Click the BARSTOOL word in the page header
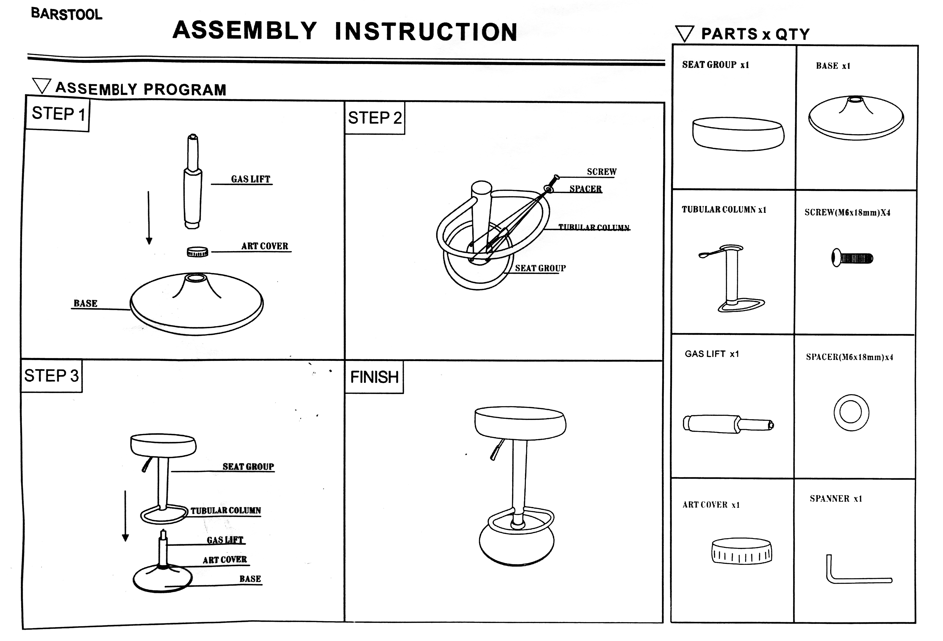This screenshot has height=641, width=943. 67,14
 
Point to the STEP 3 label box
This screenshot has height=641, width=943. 51,376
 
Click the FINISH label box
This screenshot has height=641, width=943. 374,377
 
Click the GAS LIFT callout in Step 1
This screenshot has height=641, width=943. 250,179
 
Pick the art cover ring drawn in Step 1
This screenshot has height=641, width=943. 197,252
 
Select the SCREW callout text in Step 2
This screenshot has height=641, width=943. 601,172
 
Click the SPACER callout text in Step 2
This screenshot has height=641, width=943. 586,189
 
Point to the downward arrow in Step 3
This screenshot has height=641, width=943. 125,515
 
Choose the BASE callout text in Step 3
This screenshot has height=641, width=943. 250,579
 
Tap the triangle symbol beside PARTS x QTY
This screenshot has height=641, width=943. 685,34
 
